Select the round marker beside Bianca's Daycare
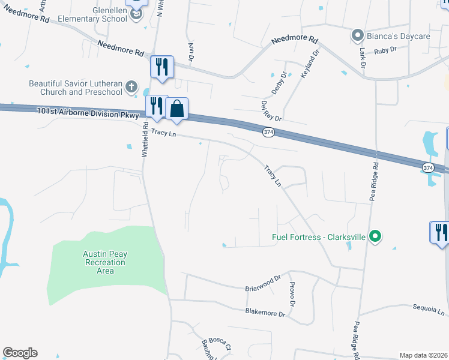point(358,35)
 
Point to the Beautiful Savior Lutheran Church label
point(76,88)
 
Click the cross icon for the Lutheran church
point(132,88)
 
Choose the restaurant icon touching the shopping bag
point(156,106)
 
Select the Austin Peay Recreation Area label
point(105,262)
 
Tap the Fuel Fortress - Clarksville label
point(319,236)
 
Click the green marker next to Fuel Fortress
point(375,236)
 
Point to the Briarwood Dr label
point(263,284)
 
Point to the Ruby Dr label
point(385,51)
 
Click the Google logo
point(20,353)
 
